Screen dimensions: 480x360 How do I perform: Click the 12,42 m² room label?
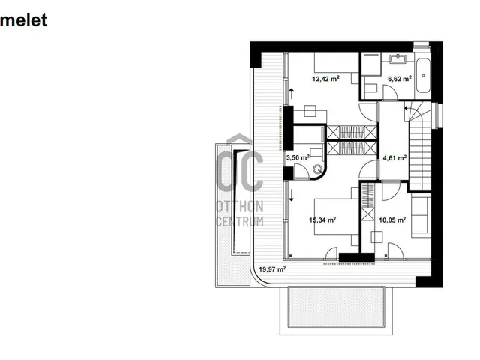click(x=325, y=79)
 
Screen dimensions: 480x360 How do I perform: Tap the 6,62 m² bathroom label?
click(x=400, y=79)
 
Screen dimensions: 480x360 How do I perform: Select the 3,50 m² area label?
click(x=298, y=157)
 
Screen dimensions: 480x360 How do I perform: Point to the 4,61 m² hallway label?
click(x=394, y=158)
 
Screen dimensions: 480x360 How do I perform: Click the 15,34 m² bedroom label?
click(x=322, y=220)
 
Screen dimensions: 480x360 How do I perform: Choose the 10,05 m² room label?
click(x=392, y=220)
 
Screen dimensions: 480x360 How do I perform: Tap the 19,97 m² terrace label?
click(x=272, y=269)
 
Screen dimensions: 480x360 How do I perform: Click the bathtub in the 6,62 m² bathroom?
click(x=423, y=75)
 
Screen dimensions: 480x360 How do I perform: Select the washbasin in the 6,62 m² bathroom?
click(x=397, y=58)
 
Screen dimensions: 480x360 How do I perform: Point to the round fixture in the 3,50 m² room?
click(x=318, y=169)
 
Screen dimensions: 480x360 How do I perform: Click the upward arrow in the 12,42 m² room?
click(x=292, y=94)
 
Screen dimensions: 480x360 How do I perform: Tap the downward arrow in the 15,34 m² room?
click(x=292, y=196)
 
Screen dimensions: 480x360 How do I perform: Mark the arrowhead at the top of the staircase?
click(x=406, y=108)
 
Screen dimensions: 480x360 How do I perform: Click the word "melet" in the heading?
click(x=23, y=20)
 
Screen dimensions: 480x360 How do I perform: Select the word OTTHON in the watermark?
click(x=240, y=207)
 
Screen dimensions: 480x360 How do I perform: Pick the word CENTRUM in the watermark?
click(x=240, y=221)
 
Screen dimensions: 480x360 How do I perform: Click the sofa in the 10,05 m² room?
click(x=421, y=217)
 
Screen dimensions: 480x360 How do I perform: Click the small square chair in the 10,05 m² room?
click(x=376, y=237)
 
